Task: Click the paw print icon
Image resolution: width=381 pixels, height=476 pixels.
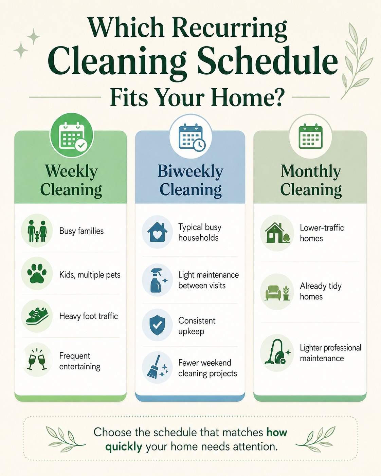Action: [37, 273]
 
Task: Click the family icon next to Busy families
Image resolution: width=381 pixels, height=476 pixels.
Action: [37, 231]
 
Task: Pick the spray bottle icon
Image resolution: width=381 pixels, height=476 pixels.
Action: [158, 280]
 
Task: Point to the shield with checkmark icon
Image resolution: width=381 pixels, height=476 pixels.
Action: [157, 325]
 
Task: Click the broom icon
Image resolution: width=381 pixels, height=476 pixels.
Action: [157, 366]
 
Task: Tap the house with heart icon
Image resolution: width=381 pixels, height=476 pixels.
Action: [157, 232]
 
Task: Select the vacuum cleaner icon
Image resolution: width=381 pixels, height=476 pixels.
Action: [277, 352]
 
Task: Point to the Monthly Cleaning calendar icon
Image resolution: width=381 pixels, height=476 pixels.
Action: [310, 136]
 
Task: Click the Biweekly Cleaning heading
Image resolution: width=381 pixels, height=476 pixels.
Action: [190, 181]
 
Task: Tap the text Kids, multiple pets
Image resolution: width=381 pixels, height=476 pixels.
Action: [90, 275]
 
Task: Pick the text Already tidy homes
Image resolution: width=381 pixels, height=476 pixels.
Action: [321, 291]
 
